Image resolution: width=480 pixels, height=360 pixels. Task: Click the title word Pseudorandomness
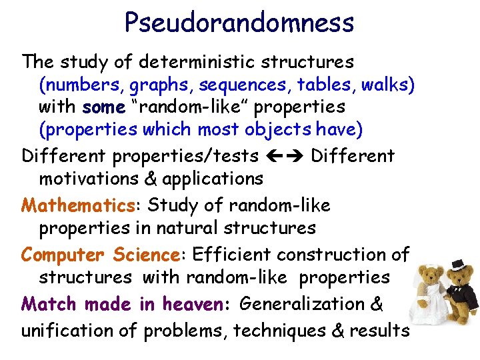[x=239, y=23]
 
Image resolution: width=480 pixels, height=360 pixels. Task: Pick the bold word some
[x=103, y=107]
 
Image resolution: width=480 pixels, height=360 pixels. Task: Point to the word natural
[x=188, y=227]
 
